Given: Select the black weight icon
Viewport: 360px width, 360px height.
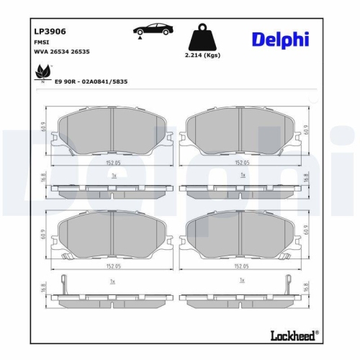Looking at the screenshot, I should click(x=202, y=37).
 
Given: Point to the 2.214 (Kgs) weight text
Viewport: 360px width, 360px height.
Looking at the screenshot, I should click(x=202, y=55).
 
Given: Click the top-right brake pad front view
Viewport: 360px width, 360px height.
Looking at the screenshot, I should click(x=243, y=135).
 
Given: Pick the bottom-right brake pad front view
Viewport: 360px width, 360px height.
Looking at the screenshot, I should click(x=243, y=236).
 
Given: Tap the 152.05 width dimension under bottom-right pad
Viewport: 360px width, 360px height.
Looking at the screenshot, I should click(x=243, y=265).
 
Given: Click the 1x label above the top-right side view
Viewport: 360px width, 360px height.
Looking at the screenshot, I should click(x=243, y=176).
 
